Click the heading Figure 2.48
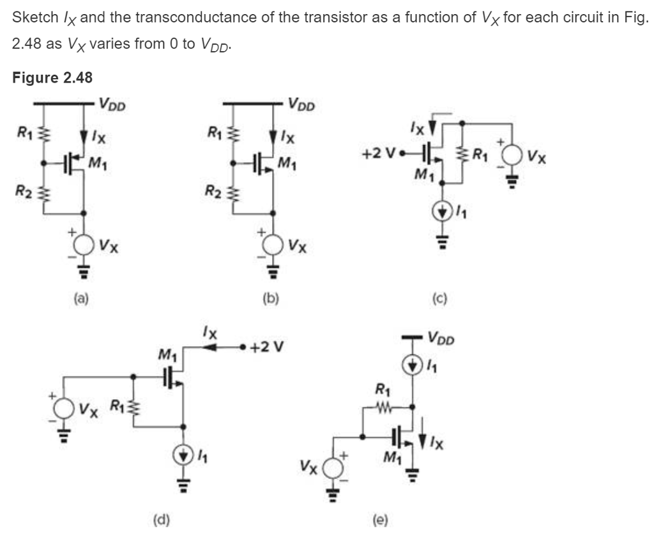(x=52, y=78)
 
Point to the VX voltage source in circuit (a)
(x=83, y=244)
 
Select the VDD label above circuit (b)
(x=301, y=103)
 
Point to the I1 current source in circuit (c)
(x=441, y=209)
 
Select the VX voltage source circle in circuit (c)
(x=511, y=156)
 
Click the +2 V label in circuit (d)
(x=269, y=349)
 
